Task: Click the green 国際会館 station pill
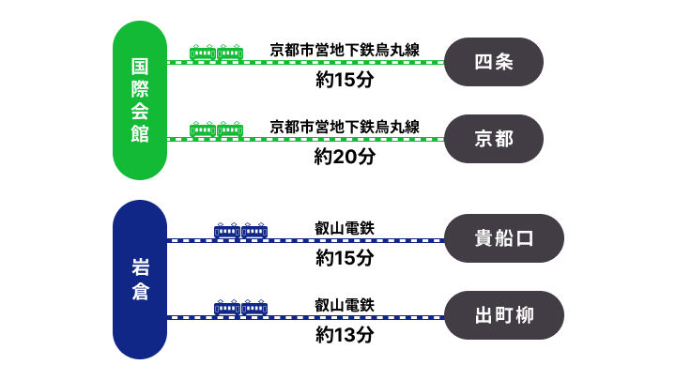coord(139,99)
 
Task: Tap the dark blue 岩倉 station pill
coord(139,279)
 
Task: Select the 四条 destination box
coord(494,62)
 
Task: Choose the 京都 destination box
coord(494,139)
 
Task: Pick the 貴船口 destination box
coord(503,238)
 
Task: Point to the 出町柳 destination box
coord(503,315)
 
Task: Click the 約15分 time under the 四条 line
coord(345,80)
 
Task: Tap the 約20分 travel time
coord(345,157)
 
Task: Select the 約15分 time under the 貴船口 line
coord(345,257)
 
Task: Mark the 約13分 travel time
coord(345,335)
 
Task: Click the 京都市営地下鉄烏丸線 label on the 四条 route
coord(345,49)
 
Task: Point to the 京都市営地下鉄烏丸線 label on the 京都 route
coord(345,126)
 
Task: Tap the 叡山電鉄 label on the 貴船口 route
coord(345,226)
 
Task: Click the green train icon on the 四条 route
coord(216,53)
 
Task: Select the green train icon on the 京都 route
coord(216,129)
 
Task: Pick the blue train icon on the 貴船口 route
coord(240,230)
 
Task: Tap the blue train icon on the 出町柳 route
coord(240,307)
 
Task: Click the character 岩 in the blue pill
coord(139,266)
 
